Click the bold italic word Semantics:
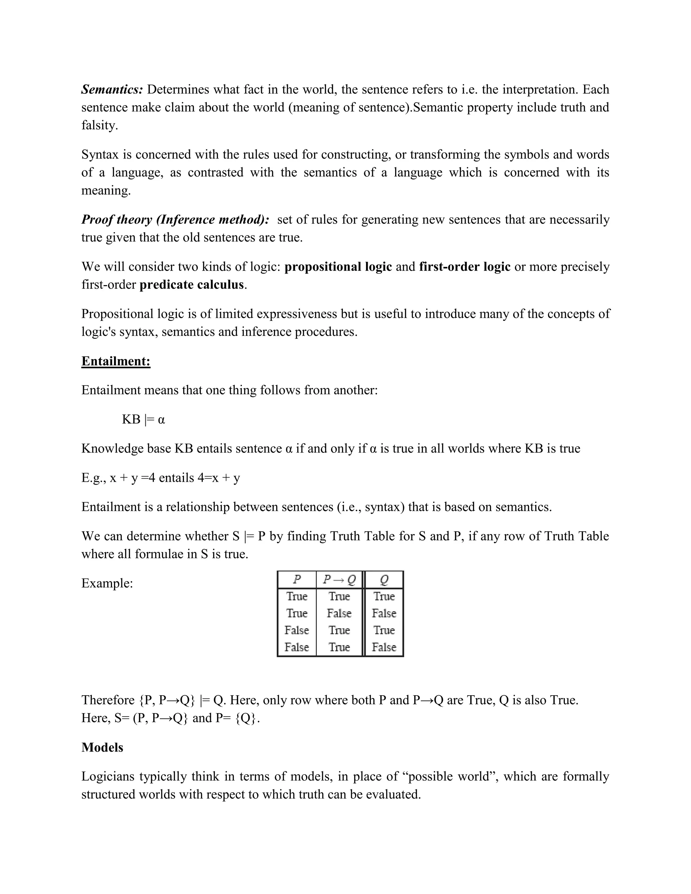[112, 89]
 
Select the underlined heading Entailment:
[116, 361]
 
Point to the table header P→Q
[339, 579]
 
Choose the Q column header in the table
[384, 579]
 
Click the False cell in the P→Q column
[339, 613]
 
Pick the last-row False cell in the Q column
[384, 647]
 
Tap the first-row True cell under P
[297, 596]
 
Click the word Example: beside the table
[107, 583]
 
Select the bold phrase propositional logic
[338, 267]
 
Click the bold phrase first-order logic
[465, 267]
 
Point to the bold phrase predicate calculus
[192, 284]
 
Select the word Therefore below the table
[108, 700]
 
